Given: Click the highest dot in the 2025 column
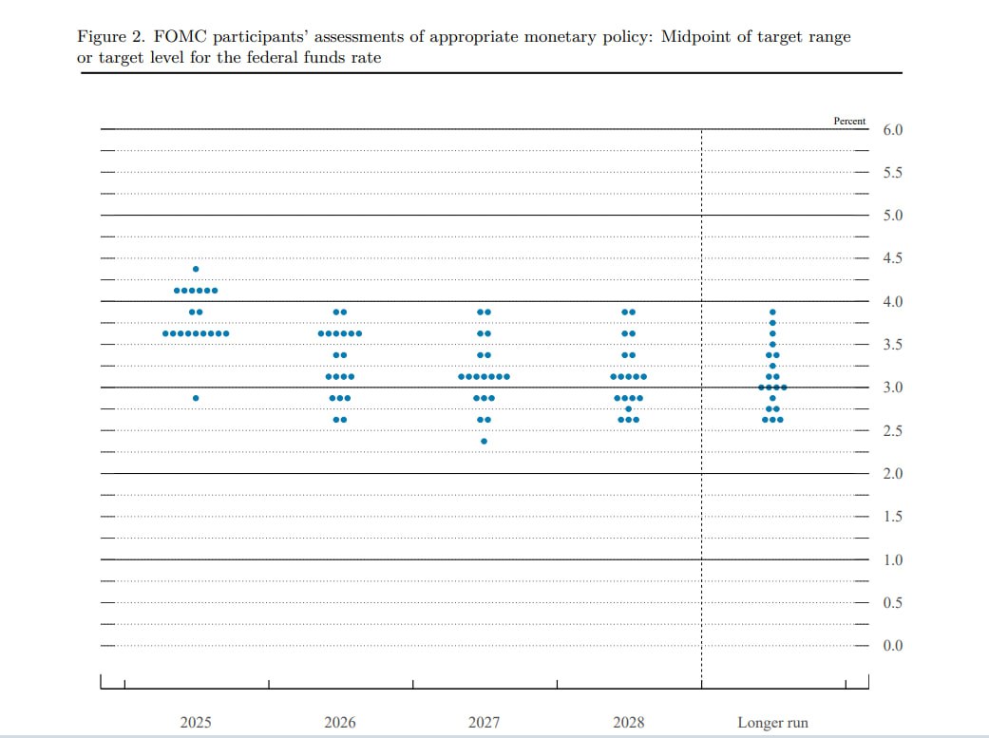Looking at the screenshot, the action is coord(196,270).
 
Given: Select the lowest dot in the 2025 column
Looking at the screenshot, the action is coord(196,398).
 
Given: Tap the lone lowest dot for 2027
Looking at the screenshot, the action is coord(484,442).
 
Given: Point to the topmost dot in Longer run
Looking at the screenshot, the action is coord(772,312).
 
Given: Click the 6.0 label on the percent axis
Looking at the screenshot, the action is coord(892,130).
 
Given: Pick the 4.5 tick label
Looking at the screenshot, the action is coord(892,258).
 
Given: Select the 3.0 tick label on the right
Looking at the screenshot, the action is coord(892,388).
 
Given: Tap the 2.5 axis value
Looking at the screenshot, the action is coord(892,431).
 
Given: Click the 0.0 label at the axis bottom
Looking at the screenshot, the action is coord(892,645).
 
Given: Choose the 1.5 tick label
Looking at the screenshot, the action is coord(892,517).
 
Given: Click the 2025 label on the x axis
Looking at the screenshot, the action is coord(196,722).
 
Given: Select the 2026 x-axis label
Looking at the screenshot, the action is coord(340,722).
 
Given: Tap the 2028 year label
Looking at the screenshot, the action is coord(629,722).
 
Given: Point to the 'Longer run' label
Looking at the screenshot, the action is coord(772,723).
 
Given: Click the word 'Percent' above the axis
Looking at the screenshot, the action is coord(849,122).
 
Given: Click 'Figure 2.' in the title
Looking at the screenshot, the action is coord(111,37).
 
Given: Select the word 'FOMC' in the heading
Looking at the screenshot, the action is coord(180,37).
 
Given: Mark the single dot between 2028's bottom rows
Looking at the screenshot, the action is coord(628,408).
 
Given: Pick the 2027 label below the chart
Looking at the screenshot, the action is coord(484,722).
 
